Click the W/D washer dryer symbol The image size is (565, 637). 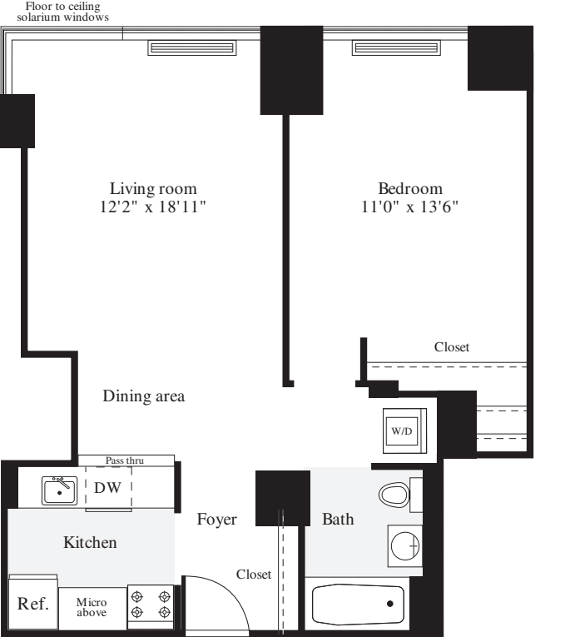402,431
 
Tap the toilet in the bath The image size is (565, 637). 394,496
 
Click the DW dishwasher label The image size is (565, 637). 107,488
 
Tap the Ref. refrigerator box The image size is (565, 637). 32,604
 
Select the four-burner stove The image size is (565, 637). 151,605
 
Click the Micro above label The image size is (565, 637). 92,607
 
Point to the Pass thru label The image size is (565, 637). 126,460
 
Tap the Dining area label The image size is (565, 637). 143,396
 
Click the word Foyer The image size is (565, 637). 216,520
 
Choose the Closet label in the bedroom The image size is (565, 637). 452,346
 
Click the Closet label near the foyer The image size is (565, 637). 253,575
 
